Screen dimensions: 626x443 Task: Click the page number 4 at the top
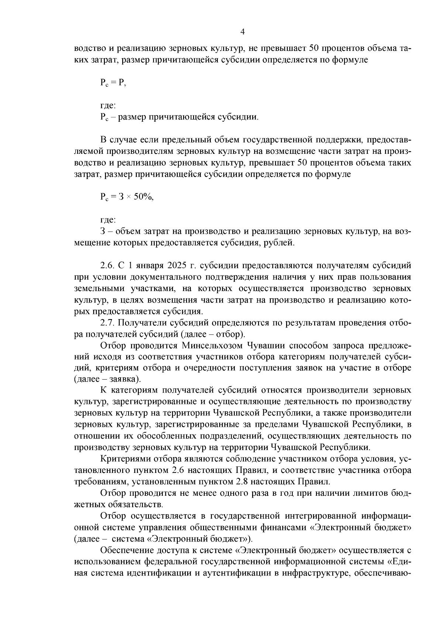[x=243, y=32]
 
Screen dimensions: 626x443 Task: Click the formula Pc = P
[x=113, y=83]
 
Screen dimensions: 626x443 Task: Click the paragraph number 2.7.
[x=107, y=323]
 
